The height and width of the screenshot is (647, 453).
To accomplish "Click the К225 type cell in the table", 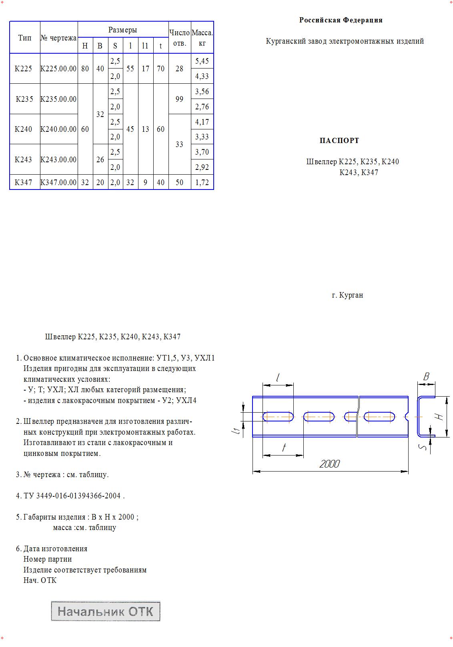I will pyautogui.click(x=23, y=69).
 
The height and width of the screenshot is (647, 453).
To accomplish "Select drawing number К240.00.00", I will pyautogui.click(x=58, y=129).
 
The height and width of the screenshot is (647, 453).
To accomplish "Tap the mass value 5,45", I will pyautogui.click(x=202, y=61).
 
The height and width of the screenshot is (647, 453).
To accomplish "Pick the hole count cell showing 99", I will pyautogui.click(x=179, y=99).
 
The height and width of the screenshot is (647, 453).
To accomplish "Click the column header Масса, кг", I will pyautogui.click(x=202, y=37).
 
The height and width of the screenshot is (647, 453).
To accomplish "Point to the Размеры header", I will pyautogui.click(x=122, y=30).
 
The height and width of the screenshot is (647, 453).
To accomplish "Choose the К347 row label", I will pyautogui.click(x=23, y=182).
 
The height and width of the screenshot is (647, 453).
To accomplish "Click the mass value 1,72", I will pyautogui.click(x=202, y=182).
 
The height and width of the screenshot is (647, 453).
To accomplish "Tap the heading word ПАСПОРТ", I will pyautogui.click(x=339, y=141).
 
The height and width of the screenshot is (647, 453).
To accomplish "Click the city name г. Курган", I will pyautogui.click(x=347, y=295).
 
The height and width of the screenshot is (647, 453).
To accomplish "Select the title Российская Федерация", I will pyautogui.click(x=341, y=20).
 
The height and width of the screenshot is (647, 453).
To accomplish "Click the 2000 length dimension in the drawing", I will pyautogui.click(x=329, y=464).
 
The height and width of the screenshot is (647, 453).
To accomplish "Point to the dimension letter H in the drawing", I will pyautogui.click(x=440, y=417).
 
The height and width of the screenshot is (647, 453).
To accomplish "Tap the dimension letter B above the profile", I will pyautogui.click(x=426, y=377).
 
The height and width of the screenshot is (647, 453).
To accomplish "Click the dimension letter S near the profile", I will pyautogui.click(x=423, y=446).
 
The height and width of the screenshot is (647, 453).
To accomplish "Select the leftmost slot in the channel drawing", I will pyautogui.click(x=278, y=417).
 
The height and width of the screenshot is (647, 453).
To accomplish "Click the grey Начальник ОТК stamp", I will pyautogui.click(x=106, y=611).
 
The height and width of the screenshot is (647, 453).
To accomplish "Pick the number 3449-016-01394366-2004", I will pyautogui.click(x=78, y=496).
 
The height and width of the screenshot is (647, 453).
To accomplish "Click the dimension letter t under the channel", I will pyautogui.click(x=284, y=447).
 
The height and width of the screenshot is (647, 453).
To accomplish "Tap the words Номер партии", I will pyautogui.click(x=48, y=559).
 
